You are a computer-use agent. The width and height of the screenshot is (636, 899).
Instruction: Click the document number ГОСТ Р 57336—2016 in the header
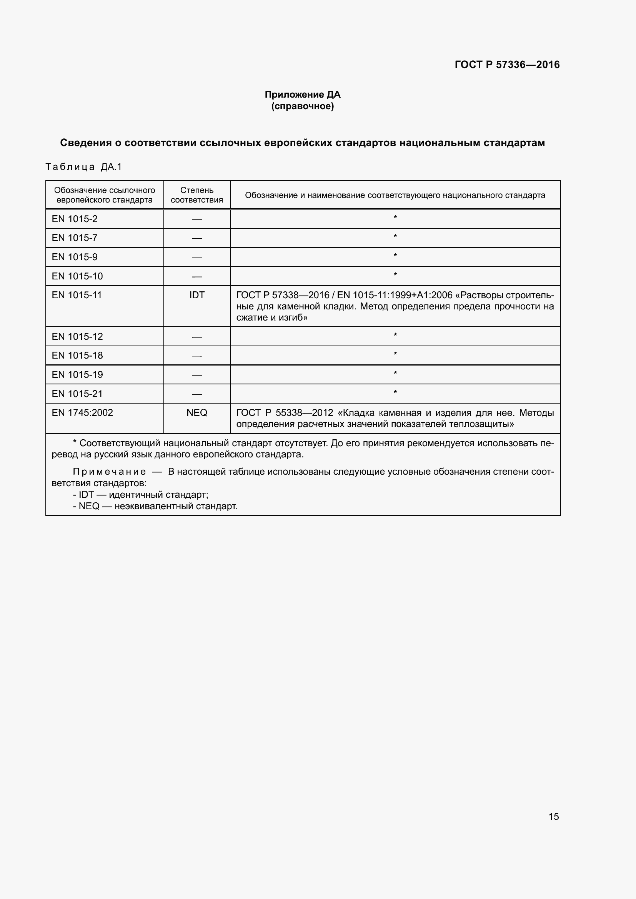(507, 65)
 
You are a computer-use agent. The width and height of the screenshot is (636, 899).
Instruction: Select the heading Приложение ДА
(302, 95)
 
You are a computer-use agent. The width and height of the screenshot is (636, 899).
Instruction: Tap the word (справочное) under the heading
(302, 106)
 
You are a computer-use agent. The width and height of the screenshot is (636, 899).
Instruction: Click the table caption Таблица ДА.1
(84, 167)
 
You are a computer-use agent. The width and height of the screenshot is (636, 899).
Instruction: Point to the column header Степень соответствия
(196, 195)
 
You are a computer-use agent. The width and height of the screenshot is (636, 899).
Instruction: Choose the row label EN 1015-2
(75, 219)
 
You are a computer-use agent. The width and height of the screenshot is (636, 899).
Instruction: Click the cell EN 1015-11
(77, 295)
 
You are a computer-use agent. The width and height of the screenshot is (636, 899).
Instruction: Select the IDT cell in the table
(196, 295)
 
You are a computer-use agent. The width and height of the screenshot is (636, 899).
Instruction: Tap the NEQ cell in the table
(196, 412)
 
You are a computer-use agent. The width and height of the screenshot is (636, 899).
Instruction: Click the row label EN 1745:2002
(82, 412)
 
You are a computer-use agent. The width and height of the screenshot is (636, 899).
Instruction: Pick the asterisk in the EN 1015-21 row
(395, 392)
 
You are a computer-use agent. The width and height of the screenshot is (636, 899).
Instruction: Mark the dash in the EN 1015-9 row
(196, 258)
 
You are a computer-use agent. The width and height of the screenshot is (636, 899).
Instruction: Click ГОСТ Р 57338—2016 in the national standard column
(282, 295)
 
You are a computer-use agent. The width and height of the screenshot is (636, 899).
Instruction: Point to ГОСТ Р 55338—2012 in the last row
(285, 412)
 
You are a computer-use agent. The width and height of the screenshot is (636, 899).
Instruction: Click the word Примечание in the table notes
(109, 472)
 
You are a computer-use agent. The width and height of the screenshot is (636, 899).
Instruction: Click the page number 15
(553, 816)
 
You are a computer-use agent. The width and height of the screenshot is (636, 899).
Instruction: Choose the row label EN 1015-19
(77, 374)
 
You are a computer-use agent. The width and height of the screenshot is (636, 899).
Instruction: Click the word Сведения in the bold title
(85, 143)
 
